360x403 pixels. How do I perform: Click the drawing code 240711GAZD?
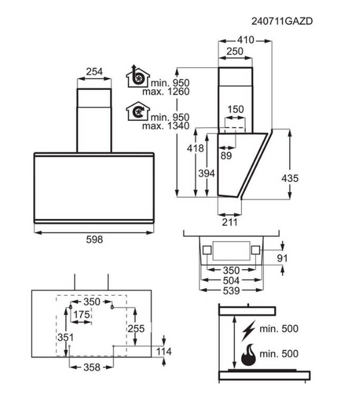click(282, 21)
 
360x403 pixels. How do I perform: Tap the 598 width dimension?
click(94, 239)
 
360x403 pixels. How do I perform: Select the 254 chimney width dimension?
click(94, 71)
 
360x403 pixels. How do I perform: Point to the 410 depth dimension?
click(246, 40)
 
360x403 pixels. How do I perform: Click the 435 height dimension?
click(290, 178)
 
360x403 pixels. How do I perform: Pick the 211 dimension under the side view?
click(230, 222)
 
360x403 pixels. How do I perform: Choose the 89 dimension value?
click(226, 156)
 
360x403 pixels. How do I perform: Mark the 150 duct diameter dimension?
click(235, 109)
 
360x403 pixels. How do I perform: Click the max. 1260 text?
click(166, 91)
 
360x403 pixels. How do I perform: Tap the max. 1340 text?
click(166, 126)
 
